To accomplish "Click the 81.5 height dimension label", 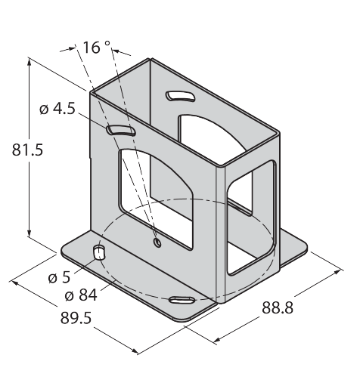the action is pyautogui.click(x=28, y=150).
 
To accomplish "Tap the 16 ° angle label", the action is pyautogui.click(x=97, y=48).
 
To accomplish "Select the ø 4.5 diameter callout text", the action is pyautogui.click(x=57, y=109).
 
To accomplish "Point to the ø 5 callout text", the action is pyautogui.click(x=59, y=277).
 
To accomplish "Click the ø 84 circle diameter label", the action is pyautogui.click(x=81, y=295).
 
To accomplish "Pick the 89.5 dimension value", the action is pyautogui.click(x=76, y=317).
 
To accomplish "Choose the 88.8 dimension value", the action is pyautogui.click(x=278, y=307).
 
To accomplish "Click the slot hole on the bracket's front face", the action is pyautogui.click(x=121, y=131).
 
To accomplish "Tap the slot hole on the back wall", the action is pyautogui.click(x=180, y=97).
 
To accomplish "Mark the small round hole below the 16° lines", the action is pyautogui.click(x=157, y=242).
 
